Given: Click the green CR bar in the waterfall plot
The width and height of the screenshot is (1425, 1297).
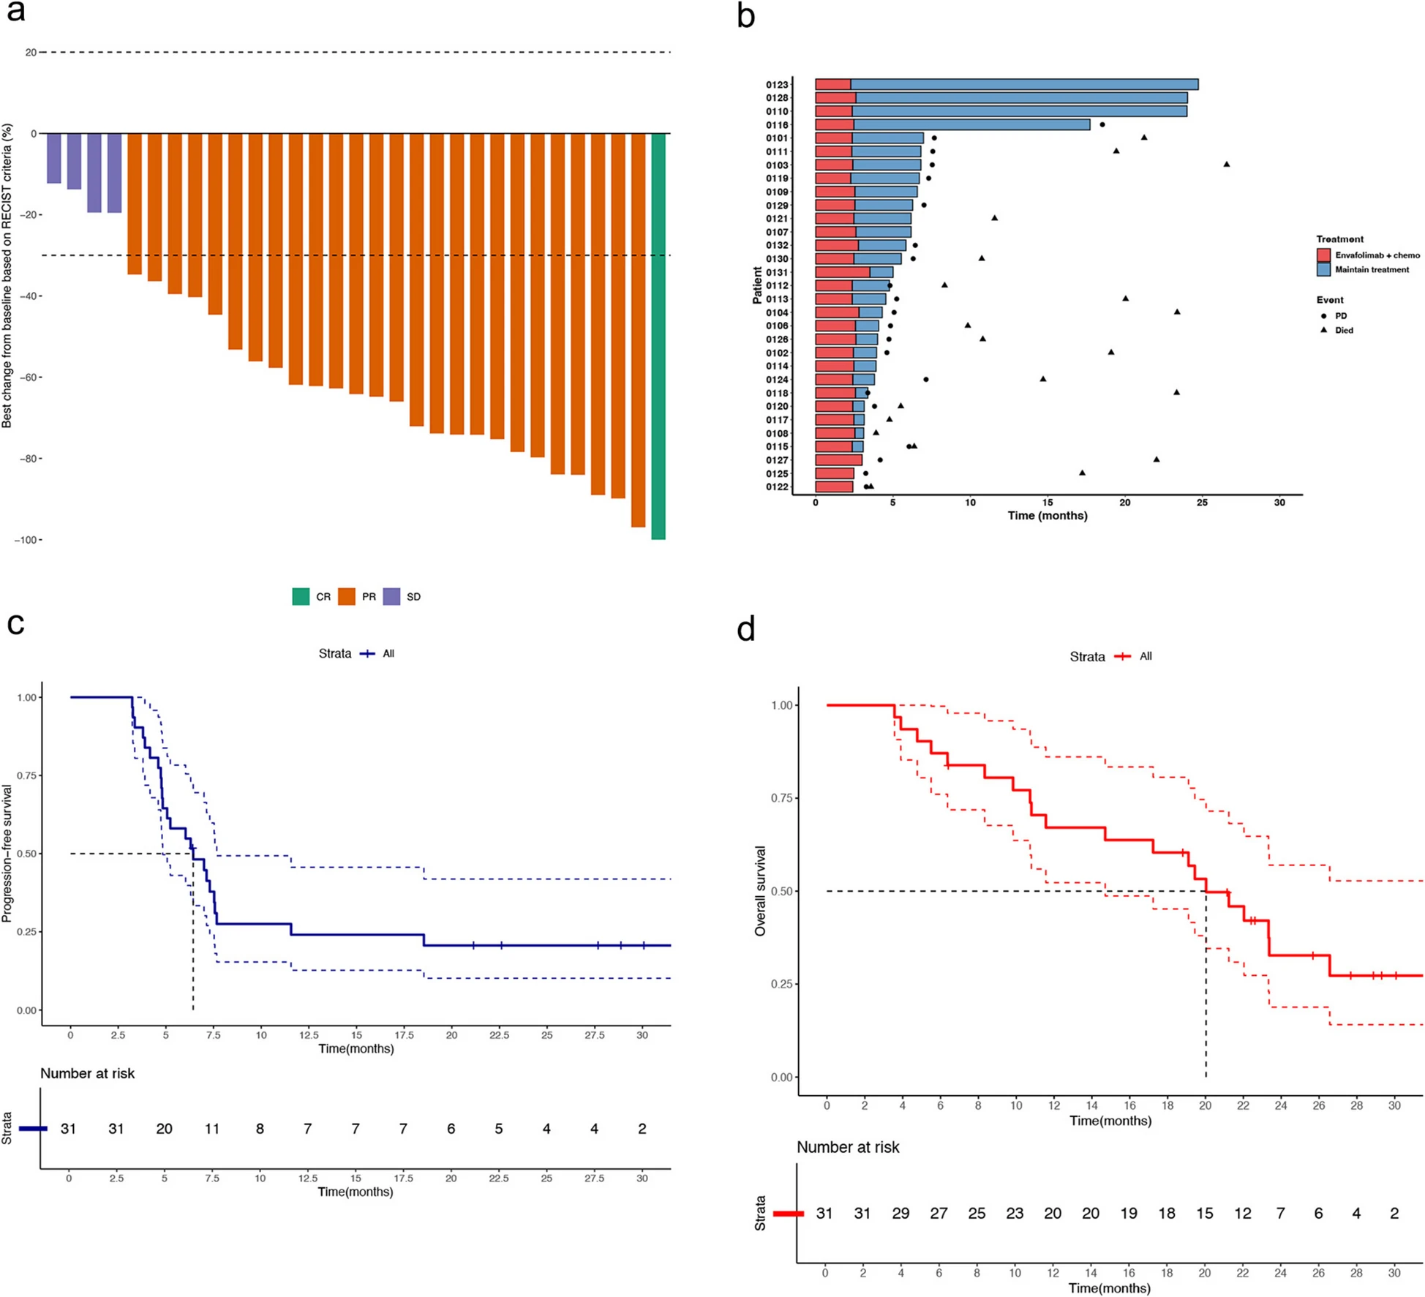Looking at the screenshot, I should (x=658, y=337).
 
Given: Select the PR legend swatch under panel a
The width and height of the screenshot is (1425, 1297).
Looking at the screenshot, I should (x=346, y=596).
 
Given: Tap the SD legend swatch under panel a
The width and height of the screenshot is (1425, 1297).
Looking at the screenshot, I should (x=391, y=596).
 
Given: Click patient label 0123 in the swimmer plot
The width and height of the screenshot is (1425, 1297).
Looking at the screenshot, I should (x=777, y=85).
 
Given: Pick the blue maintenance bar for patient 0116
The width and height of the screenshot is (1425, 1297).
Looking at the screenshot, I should (x=971, y=125).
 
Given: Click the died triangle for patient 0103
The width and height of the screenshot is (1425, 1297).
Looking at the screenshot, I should (x=1227, y=164).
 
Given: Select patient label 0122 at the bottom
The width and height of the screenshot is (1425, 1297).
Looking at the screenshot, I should (x=777, y=487).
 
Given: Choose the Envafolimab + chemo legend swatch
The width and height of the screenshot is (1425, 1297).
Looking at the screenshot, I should (x=1323, y=255).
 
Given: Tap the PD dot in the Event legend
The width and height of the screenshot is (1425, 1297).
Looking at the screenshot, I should (x=1323, y=316).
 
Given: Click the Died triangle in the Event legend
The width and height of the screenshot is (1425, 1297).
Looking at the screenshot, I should (x=1323, y=330).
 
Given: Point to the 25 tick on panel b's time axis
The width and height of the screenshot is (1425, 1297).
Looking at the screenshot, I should (x=1202, y=503).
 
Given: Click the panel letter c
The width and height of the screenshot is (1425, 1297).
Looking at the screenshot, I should (x=15, y=624).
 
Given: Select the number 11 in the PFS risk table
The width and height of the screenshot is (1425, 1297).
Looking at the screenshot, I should (x=212, y=1129).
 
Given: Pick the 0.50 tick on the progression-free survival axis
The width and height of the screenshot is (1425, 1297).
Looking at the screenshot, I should (x=26, y=854).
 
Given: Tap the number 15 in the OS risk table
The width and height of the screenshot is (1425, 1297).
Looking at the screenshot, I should (x=1204, y=1214).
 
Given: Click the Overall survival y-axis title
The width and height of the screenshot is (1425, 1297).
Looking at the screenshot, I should (x=760, y=890).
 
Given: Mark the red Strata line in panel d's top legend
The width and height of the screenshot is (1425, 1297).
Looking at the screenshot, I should (x=1122, y=657).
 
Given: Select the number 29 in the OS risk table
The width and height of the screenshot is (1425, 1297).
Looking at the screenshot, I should (x=901, y=1214).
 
